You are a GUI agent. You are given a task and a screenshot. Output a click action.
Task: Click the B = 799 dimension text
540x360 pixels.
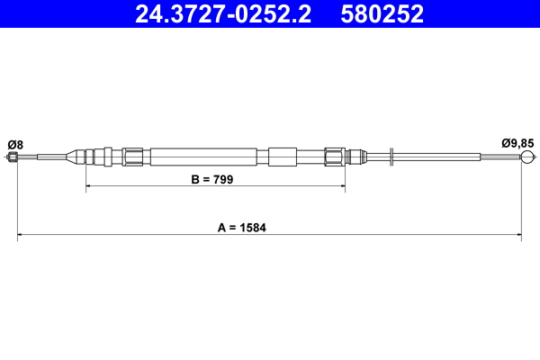point(212,180)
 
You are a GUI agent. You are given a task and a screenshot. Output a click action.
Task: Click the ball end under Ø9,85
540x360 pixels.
point(527,158)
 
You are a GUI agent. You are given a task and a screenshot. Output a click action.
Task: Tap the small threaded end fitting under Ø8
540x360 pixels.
point(13,158)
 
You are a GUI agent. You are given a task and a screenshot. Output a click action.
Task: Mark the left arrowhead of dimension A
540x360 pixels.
point(21,237)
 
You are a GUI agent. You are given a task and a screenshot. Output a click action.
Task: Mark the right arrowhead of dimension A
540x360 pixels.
point(519,237)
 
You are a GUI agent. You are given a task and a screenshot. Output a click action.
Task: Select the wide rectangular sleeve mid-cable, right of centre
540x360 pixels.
point(282,157)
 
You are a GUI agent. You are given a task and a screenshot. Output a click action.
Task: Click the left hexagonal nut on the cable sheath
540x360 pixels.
point(132,157)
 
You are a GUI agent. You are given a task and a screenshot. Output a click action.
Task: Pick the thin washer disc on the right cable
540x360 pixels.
point(391,157)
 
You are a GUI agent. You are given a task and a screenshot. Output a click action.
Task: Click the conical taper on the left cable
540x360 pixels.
point(68,157)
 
